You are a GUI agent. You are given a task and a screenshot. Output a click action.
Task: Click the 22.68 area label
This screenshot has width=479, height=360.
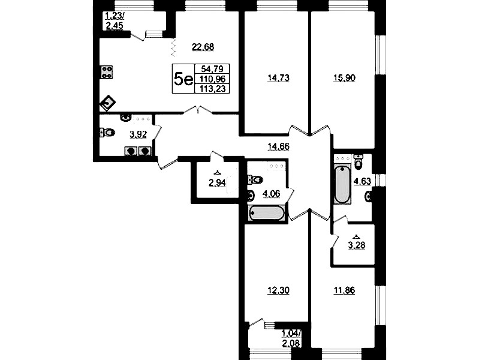pos(203,47)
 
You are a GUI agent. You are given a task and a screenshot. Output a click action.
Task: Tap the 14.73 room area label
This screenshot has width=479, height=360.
pos(278,78)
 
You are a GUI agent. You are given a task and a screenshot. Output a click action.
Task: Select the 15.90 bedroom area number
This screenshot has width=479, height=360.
pos(344,78)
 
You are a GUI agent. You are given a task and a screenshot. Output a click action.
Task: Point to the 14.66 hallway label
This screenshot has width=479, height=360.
pos(278,147)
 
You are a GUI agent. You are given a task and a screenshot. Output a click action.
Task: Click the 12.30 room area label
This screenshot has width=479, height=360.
pos(278,290)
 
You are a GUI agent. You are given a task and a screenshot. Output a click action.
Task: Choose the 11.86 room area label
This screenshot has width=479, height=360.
pos(344,290)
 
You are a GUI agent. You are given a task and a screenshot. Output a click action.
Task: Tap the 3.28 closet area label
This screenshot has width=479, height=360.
pos(357,245)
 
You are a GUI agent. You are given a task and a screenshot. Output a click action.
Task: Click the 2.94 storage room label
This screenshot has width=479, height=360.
pos(217,183)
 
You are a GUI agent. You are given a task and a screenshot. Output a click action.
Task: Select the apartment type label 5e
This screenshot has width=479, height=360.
pos(183,80)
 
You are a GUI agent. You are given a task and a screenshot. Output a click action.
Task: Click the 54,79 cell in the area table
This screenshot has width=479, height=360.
pos(212,68)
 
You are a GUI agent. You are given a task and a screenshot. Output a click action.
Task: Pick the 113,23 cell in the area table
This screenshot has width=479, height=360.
pos(212,89)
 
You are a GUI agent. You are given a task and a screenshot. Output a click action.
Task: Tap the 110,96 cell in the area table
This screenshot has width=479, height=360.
pos(212,79)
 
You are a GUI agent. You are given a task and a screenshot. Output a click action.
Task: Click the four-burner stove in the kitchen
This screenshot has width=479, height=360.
pos(106,72)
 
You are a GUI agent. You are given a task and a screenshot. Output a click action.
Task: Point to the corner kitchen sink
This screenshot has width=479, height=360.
pos(107,103)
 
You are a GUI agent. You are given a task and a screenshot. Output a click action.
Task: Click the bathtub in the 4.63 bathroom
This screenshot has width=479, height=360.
pos(342,184)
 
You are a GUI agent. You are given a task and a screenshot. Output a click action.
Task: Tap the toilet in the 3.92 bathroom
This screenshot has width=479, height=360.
pos(107,133)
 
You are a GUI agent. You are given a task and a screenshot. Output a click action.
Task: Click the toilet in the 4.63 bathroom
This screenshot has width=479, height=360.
pos(359,161)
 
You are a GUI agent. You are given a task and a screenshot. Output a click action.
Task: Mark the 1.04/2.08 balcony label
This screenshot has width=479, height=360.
pos(291,338)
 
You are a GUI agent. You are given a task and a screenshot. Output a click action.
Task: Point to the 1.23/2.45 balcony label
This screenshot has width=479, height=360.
pos(115,21)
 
